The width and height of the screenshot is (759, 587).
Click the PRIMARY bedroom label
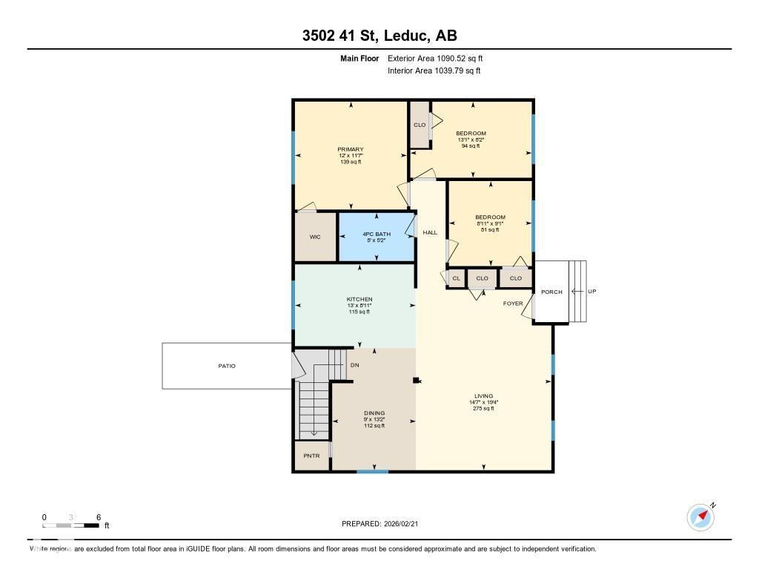click(350, 149)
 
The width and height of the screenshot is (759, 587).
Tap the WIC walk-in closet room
click(315, 237)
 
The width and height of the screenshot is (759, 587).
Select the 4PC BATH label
click(377, 234)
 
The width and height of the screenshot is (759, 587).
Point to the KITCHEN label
click(359, 299)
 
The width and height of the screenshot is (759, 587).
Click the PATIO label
click(226, 366)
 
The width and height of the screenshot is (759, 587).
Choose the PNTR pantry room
click(311, 456)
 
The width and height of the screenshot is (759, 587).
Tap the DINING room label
click(374, 413)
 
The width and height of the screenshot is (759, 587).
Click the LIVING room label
click(483, 396)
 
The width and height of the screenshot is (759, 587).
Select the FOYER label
click(512, 304)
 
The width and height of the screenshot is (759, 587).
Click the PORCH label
click(551, 292)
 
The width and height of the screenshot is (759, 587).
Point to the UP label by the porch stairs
click(591, 292)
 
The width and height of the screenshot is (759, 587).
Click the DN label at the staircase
click(354, 365)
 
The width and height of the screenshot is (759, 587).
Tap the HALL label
click(430, 232)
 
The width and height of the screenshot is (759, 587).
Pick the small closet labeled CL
click(455, 278)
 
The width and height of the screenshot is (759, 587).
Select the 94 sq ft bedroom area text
click(471, 146)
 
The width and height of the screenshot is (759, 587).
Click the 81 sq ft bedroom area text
click(490, 230)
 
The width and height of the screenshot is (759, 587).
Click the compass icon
click(700, 517)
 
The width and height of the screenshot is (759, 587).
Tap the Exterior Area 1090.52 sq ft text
click(435, 58)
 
